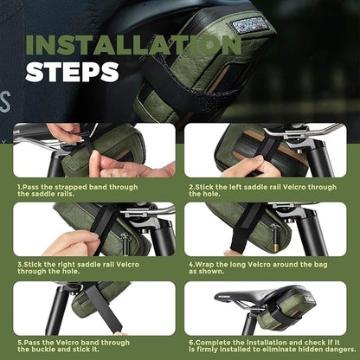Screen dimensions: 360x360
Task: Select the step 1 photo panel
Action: [x=93, y=152]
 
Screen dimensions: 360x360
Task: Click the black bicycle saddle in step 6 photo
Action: [x=264, y=296]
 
